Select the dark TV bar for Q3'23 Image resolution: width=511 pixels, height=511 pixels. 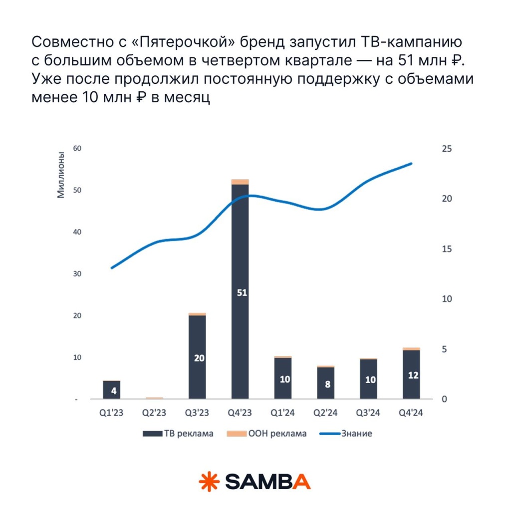click(x=197, y=339)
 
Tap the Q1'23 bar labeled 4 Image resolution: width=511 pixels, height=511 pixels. click(x=112, y=390)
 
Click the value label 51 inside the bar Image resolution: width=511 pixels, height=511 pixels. click(x=242, y=293)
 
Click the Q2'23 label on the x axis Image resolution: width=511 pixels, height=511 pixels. click(x=154, y=413)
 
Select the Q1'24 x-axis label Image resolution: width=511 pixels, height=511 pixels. click(x=283, y=413)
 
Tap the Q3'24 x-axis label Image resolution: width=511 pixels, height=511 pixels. click(x=368, y=413)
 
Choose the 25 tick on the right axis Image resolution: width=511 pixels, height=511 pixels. click(x=447, y=148)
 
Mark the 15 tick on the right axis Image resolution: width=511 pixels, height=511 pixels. click(x=447, y=249)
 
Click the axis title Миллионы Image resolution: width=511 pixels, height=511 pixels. click(x=61, y=175)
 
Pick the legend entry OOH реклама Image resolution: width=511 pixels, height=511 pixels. click(x=266, y=434)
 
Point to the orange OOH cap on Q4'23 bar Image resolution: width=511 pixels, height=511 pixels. click(x=240, y=182)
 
